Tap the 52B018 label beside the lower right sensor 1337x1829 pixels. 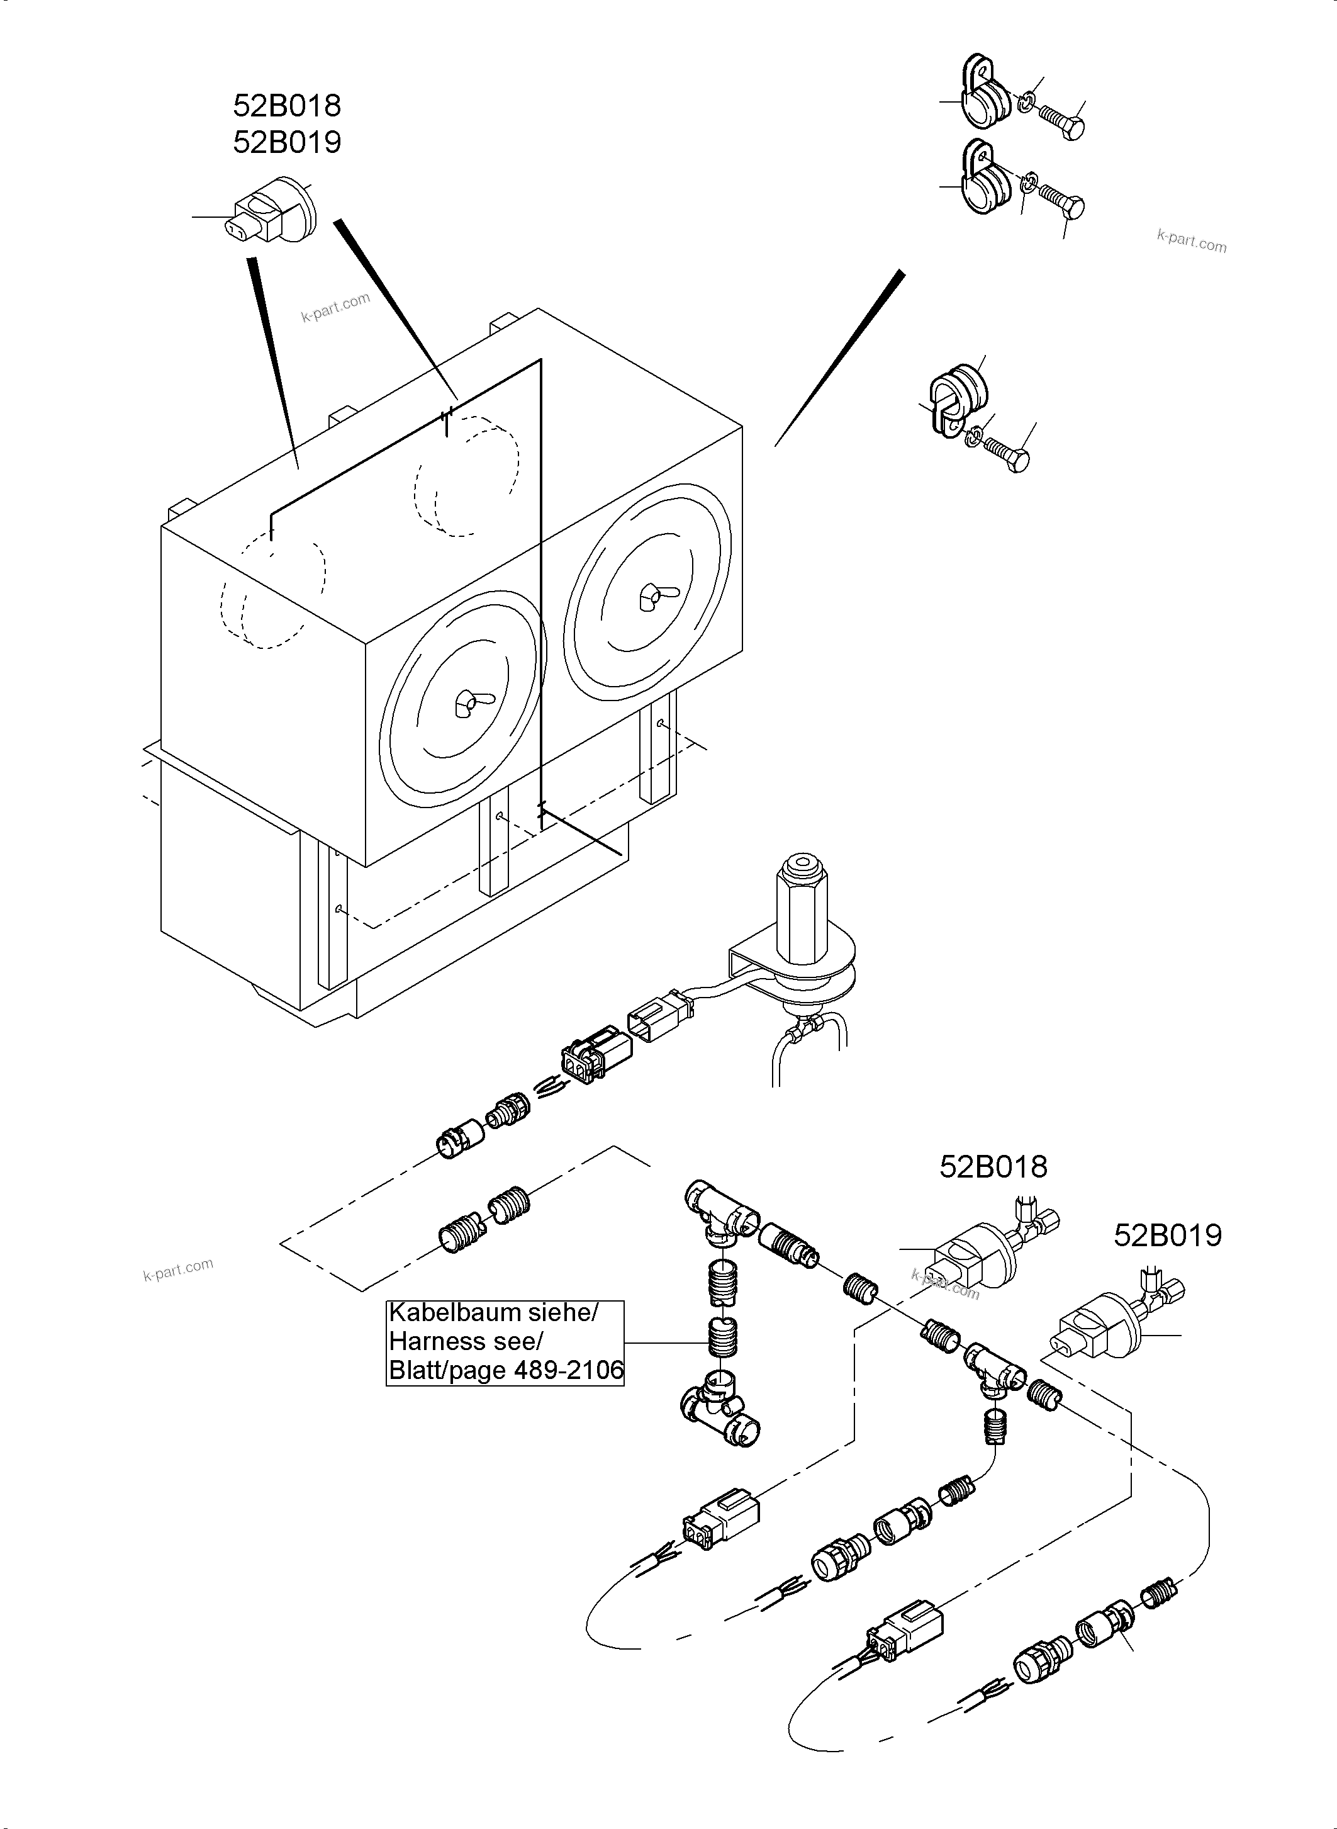pyautogui.click(x=993, y=1167)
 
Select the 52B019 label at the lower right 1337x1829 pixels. pyautogui.click(x=1167, y=1235)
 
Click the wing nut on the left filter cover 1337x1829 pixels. pyautogui.click(x=467, y=704)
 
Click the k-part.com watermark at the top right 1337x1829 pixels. pyautogui.click(x=1191, y=240)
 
